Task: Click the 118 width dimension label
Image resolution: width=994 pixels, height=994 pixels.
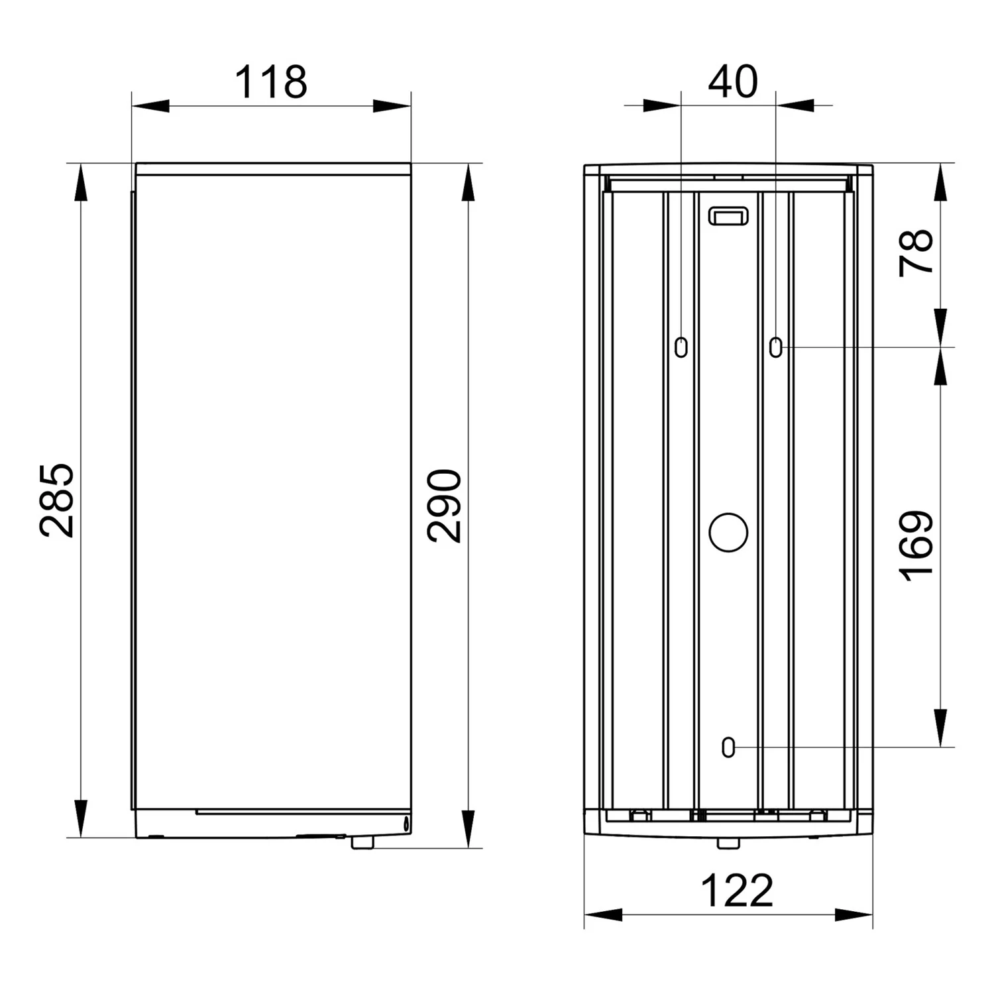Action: [271, 82]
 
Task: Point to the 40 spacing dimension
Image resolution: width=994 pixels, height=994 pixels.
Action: [733, 82]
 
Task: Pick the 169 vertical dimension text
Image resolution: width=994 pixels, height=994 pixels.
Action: [916, 547]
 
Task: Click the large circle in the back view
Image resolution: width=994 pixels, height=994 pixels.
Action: [728, 532]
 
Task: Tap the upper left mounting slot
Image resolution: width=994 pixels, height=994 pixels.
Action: [681, 347]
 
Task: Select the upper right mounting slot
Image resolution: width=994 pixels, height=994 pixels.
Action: [776, 347]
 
